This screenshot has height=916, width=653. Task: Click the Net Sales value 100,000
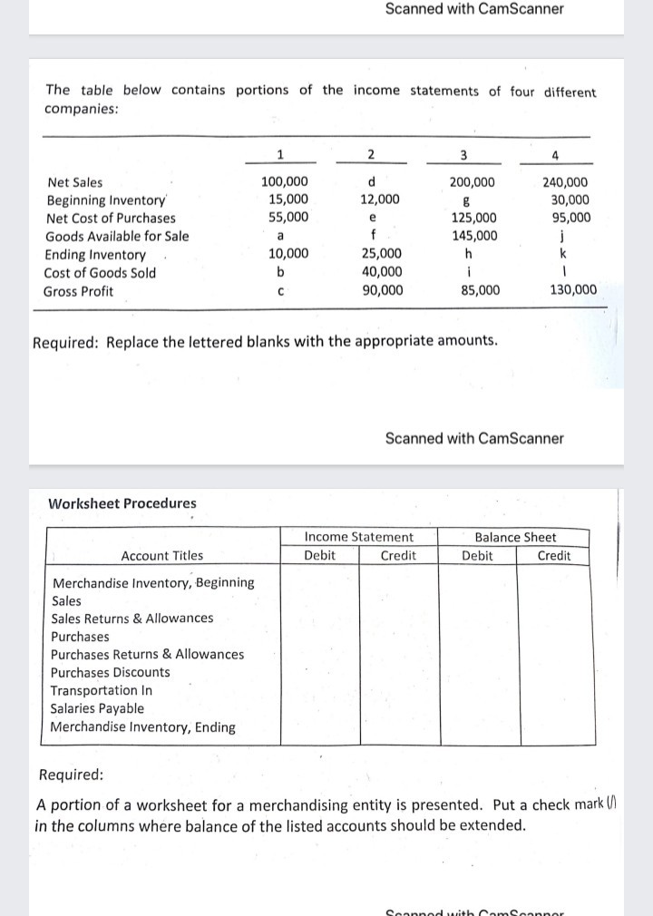(284, 182)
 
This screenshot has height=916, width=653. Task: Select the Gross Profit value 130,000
(573, 290)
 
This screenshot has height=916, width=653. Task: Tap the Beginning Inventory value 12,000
(378, 200)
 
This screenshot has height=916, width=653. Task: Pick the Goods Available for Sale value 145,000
(473, 236)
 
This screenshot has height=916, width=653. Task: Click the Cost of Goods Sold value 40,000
(379, 272)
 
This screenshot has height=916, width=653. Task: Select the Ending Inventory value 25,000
(379, 254)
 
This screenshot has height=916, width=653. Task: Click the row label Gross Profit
(79, 291)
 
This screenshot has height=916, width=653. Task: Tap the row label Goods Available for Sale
(117, 237)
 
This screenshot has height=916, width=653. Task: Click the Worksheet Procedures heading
(122, 503)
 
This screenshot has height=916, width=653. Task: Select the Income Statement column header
(358, 538)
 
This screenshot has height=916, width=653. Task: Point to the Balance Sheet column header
(515, 538)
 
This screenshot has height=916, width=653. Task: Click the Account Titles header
(161, 556)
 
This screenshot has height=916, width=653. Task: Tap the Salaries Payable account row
(97, 708)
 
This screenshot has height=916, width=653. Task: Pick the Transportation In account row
(102, 690)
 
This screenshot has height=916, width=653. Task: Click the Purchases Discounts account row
(110, 672)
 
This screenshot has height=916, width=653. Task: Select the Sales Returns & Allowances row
(132, 619)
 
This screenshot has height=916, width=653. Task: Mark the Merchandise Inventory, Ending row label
(142, 726)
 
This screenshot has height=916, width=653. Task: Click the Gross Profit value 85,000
(473, 290)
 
